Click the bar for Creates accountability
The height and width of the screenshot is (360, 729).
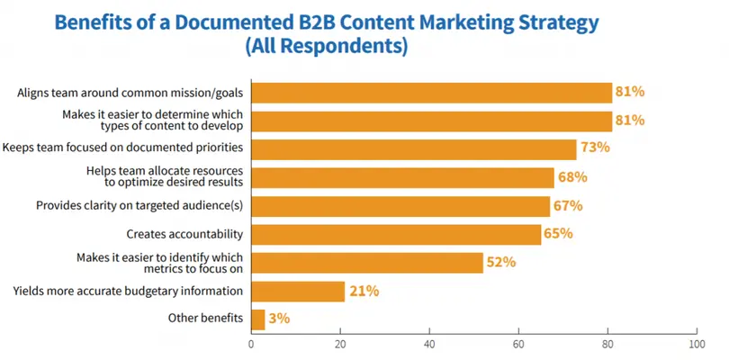[396, 235]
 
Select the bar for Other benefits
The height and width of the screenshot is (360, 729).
[257, 319]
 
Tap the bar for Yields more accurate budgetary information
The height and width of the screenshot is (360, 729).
[298, 291]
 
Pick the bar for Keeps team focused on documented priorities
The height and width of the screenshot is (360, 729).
[413, 148]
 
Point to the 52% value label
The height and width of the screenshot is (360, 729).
[501, 263]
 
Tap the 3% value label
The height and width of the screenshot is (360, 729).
[280, 319]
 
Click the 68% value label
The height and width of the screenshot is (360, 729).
[572, 177]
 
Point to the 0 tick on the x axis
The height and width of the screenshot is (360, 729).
[251, 343]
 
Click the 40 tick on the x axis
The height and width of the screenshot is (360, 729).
[429, 343]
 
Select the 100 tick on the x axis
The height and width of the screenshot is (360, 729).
[695, 343]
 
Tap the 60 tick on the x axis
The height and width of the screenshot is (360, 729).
[518, 343]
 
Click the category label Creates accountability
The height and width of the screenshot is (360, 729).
[185, 235]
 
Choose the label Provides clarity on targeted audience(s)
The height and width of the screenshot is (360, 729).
[139, 206]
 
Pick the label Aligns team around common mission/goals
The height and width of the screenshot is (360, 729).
[130, 92]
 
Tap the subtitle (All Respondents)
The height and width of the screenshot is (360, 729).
[326, 46]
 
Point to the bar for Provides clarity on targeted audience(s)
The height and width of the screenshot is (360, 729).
[400, 206]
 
